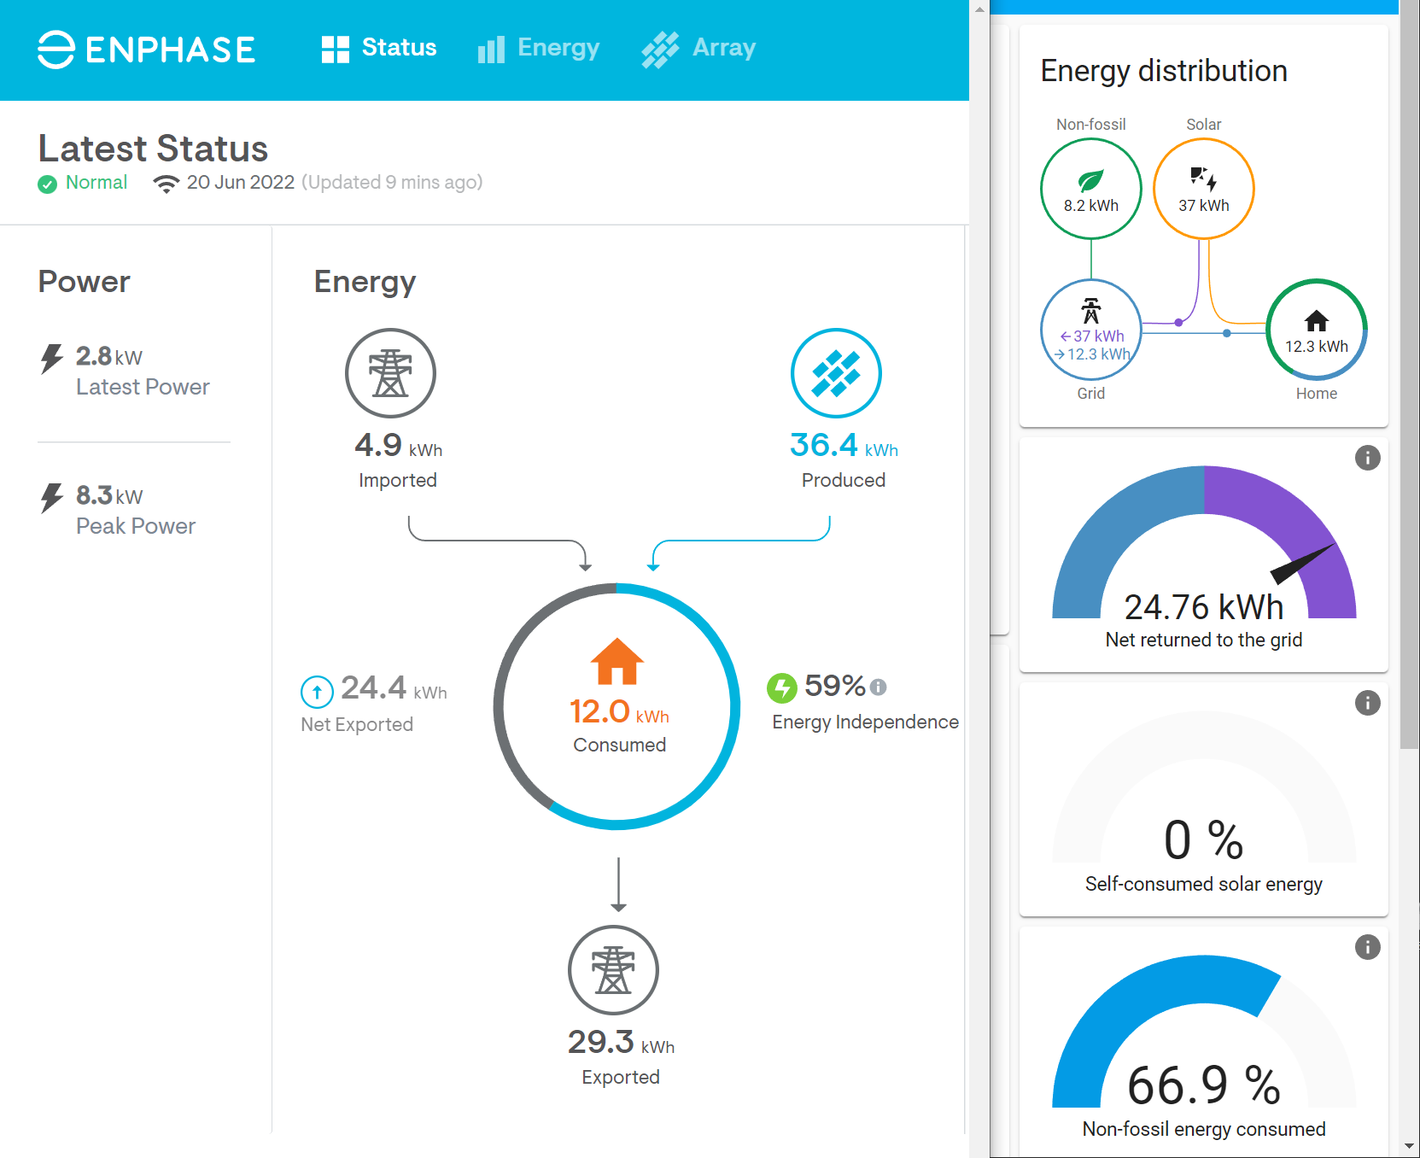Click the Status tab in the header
(x=379, y=48)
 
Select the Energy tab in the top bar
(x=539, y=48)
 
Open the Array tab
(x=699, y=48)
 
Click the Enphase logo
(x=146, y=50)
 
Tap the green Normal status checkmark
(x=47, y=184)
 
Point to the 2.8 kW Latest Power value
(x=108, y=356)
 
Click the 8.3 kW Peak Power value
(x=108, y=495)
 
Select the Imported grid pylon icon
(x=390, y=373)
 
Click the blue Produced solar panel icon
(x=836, y=373)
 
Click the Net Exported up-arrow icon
(x=317, y=692)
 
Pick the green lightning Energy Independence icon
(x=781, y=687)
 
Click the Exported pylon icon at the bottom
(x=613, y=970)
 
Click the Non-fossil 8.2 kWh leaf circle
(x=1090, y=189)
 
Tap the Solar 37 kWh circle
(x=1203, y=189)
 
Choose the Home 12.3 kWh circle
(x=1316, y=329)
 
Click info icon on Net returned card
(x=1367, y=458)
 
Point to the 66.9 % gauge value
(x=1203, y=1085)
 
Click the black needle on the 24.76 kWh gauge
(x=1302, y=564)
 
